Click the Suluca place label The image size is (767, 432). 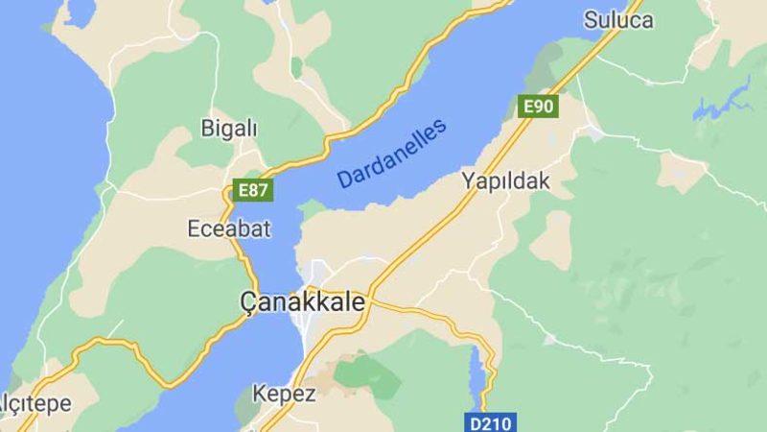pos(618,20)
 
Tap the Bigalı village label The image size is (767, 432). pos(229,128)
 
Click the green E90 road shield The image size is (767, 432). pos(538,106)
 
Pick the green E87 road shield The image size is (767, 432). pos(253,190)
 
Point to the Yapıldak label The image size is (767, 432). pos(505,180)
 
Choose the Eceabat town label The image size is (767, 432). pos(229,228)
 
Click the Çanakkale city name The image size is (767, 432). pos(302,301)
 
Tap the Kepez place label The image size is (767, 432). pos(284,394)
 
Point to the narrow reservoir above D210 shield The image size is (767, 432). pos(476,369)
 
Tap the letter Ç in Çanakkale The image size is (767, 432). pos(248,302)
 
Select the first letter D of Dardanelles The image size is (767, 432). pos(342,179)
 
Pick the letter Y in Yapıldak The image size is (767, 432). pos(468,180)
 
